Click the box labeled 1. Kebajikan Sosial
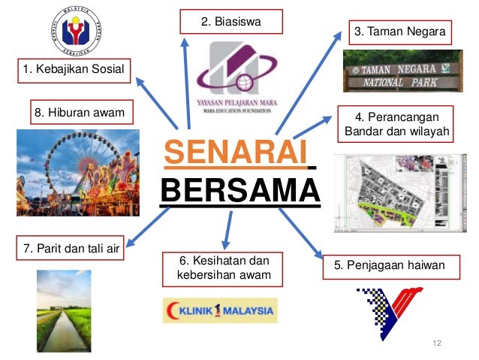(74, 71)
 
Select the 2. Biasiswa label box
(232, 22)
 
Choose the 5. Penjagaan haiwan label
(390, 265)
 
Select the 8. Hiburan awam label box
(78, 113)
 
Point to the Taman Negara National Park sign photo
(402, 71)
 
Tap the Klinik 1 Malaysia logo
(219, 309)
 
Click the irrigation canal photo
(64, 310)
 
